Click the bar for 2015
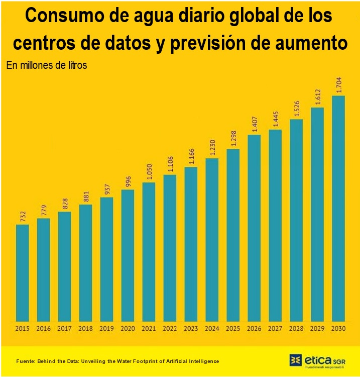click(x=22, y=272)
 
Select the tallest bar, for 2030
click(x=338, y=208)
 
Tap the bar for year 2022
click(x=170, y=248)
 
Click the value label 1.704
click(x=339, y=84)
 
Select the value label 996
click(x=128, y=181)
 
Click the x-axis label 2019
click(x=106, y=329)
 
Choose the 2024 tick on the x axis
click(x=212, y=329)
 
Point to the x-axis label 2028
click(x=296, y=329)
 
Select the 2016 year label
click(x=43, y=329)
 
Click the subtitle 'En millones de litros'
click(x=47, y=65)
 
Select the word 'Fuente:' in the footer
click(x=26, y=361)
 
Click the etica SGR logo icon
click(x=296, y=360)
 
